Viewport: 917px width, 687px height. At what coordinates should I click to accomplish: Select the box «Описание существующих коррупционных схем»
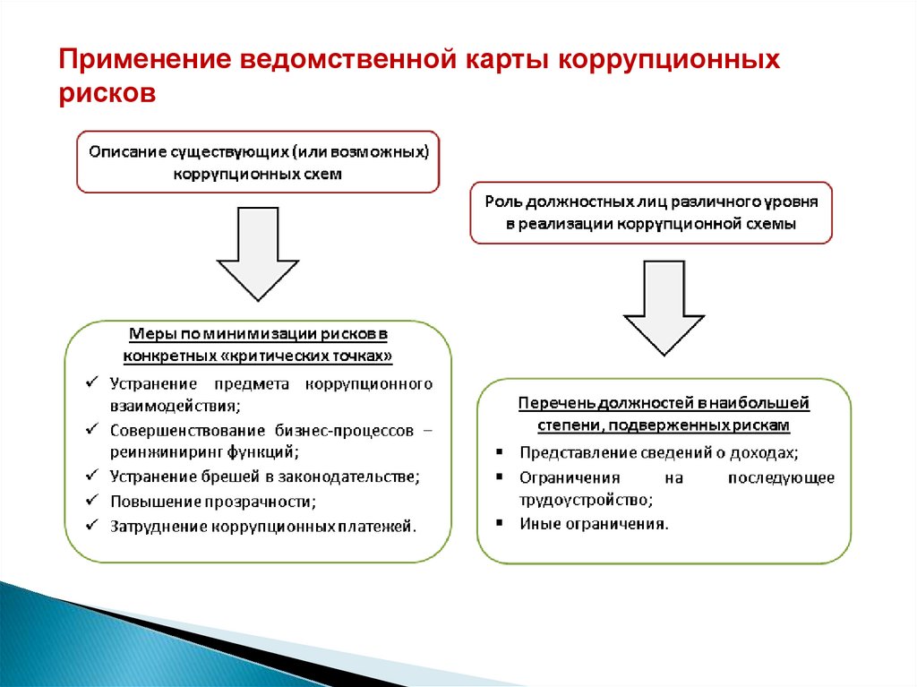pos(258,163)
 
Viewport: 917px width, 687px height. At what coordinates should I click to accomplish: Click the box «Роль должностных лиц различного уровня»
pos(651,213)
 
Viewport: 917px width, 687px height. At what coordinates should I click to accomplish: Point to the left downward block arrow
pos(257,253)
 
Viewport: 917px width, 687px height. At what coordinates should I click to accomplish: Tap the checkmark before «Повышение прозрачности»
pos(91,500)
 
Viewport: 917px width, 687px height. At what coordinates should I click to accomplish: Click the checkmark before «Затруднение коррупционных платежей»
pos(91,525)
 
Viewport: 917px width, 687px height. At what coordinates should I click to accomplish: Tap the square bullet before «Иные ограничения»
pos(498,523)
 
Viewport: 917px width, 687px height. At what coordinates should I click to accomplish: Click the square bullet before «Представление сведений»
pos(498,453)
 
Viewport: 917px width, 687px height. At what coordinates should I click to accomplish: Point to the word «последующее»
pos(781,477)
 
